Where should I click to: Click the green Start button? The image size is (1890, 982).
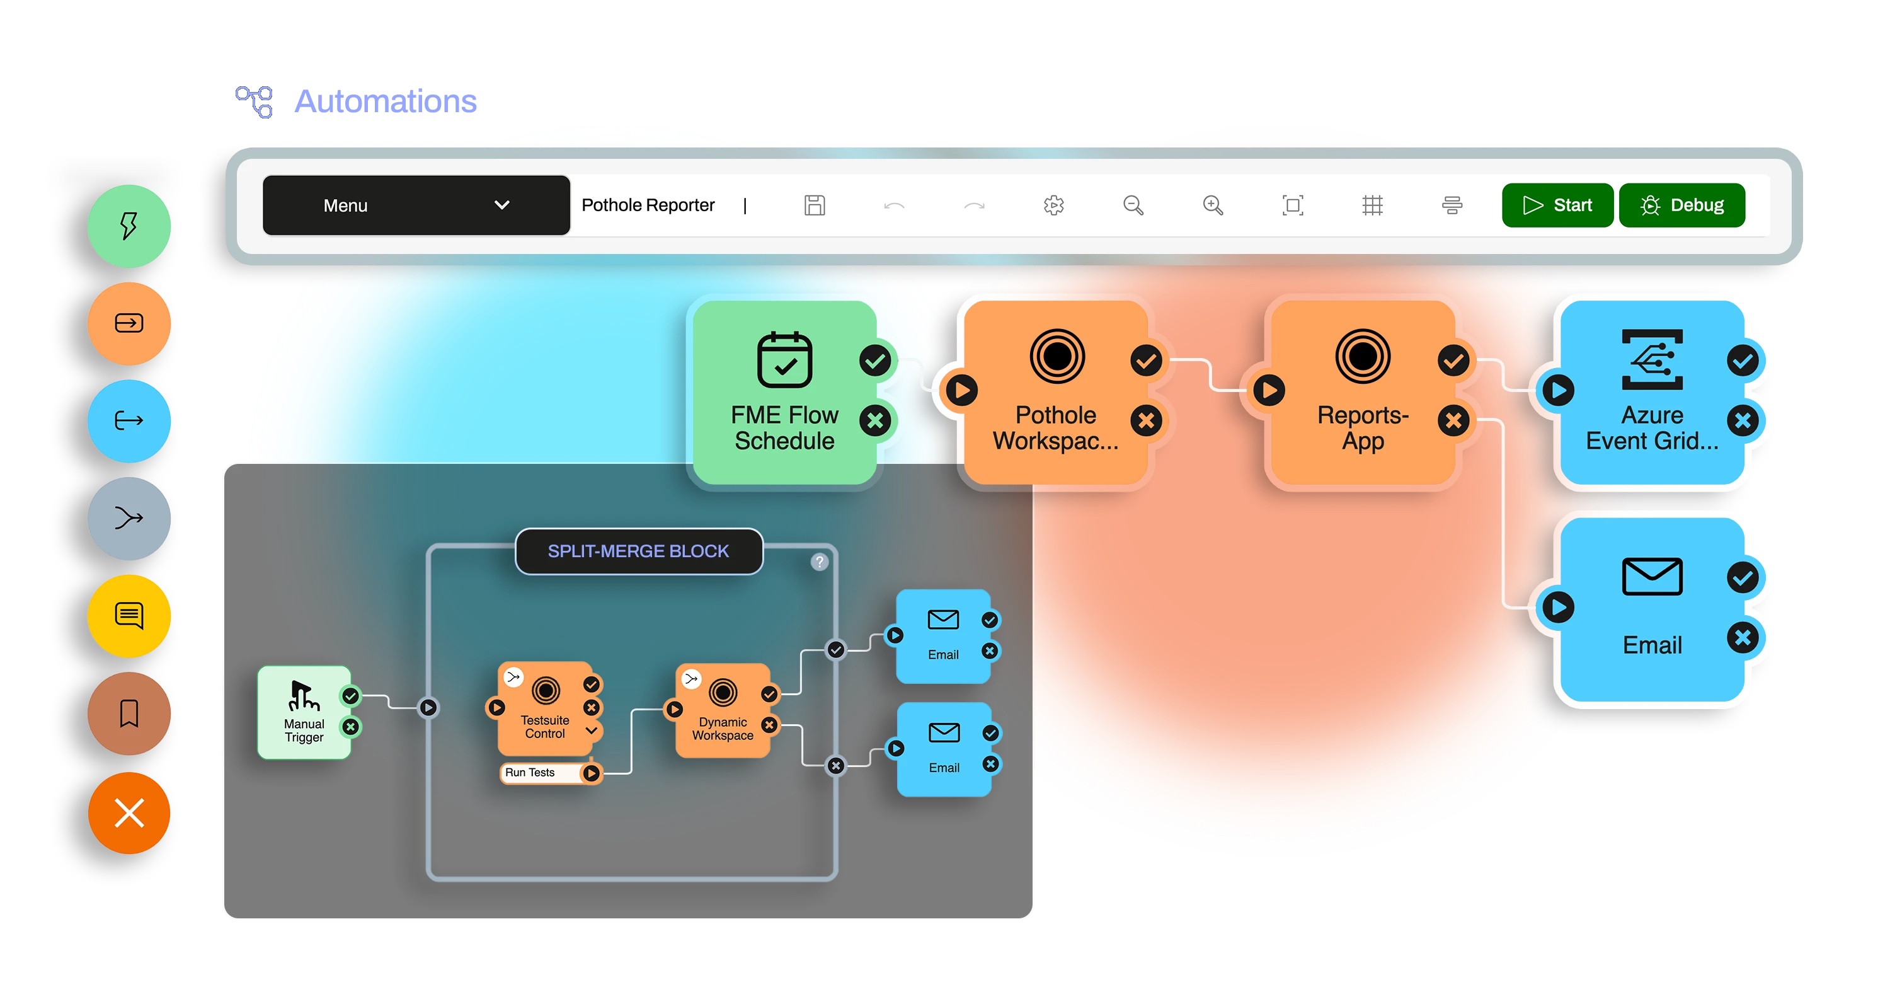[x=1557, y=205]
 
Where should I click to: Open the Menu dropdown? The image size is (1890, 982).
[x=416, y=205]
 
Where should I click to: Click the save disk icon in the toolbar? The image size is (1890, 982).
[x=815, y=205]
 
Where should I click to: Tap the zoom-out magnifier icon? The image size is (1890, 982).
[x=1133, y=205]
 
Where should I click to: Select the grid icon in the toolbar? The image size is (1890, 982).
[x=1372, y=205]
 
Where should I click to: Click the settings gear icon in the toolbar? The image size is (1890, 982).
[x=1053, y=205]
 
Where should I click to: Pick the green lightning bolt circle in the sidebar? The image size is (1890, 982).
[x=129, y=226]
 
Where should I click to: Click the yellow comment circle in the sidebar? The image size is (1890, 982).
[x=129, y=616]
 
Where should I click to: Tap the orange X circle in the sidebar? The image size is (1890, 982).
[x=129, y=812]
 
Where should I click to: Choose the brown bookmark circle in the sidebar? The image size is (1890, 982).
[x=129, y=713]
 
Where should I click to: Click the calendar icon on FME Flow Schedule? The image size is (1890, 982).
[x=784, y=360]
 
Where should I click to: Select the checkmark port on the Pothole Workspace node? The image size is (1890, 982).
[x=1146, y=361]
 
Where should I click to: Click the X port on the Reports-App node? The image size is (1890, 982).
[x=1453, y=420]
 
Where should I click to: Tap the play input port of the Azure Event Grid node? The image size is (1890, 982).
[x=1559, y=390]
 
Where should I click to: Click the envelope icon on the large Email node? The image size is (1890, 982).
[x=1652, y=577]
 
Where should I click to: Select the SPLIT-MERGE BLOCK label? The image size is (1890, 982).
[x=638, y=551]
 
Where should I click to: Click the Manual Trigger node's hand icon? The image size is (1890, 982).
[x=304, y=696]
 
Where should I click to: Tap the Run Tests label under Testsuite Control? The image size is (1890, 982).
[x=530, y=773]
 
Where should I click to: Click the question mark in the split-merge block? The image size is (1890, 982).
[x=820, y=562]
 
